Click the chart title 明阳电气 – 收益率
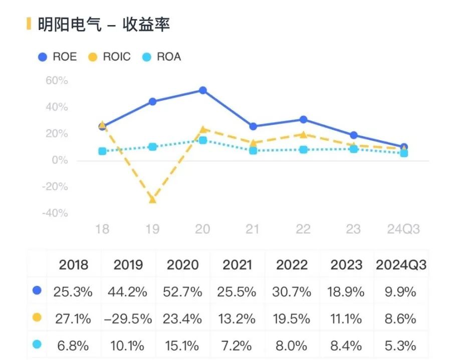104,24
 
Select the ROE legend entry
58,57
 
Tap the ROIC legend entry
111,57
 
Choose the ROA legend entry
163,57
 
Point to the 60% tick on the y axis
57,81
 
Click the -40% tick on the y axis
55,213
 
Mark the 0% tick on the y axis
59,160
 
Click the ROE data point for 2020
202,91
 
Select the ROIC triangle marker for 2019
152,199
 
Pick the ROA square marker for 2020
202,140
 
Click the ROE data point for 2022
303,120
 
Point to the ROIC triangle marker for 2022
303,134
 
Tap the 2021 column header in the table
237,264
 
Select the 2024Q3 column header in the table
401,264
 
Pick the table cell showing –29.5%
128,318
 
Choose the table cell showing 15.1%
183,345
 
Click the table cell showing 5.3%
401,345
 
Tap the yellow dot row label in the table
36,318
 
